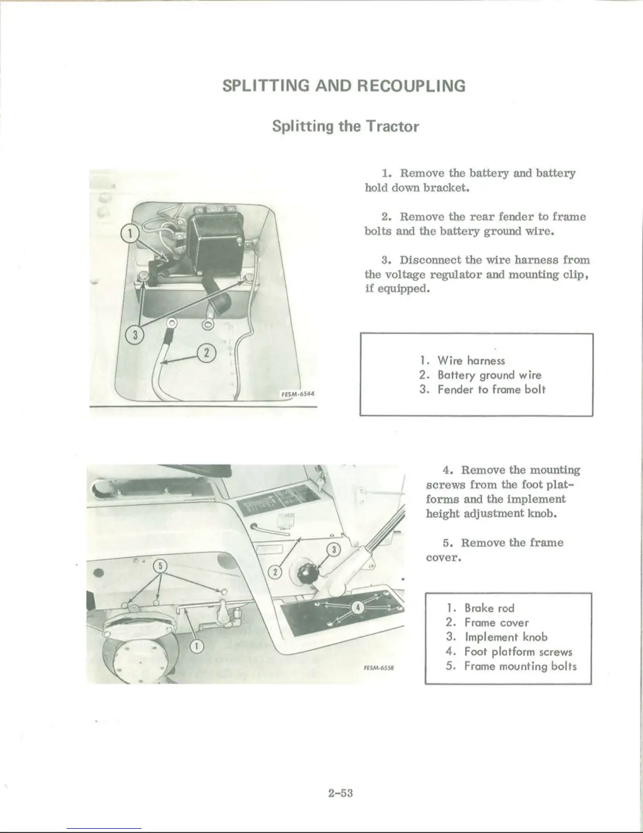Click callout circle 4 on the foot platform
(x=358, y=608)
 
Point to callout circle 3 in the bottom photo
(x=334, y=550)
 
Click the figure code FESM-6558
(x=378, y=668)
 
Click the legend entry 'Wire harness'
(x=471, y=361)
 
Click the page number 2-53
(x=340, y=793)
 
